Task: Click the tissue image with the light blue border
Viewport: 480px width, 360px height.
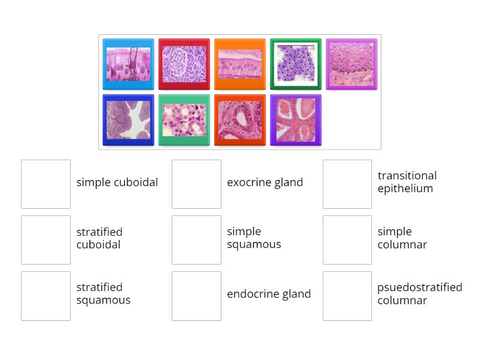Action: pos(128,64)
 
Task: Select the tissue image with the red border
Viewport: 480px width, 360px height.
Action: pos(184,64)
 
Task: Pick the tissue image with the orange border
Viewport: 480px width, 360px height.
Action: pos(240,64)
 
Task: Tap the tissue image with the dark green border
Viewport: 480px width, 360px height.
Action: pos(296,64)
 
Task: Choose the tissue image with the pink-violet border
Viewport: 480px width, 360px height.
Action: pos(352,64)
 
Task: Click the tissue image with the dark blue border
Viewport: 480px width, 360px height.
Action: pos(128,120)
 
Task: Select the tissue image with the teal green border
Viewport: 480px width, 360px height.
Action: pos(184,120)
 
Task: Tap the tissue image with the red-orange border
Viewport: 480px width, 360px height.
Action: pos(240,120)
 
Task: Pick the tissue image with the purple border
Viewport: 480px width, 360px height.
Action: pos(296,120)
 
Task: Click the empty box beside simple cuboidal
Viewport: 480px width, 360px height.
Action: pos(46,184)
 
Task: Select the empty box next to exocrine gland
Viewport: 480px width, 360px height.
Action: pos(196,184)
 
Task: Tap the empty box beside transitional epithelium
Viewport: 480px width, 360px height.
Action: pos(347,184)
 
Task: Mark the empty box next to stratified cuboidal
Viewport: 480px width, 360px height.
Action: pos(46,240)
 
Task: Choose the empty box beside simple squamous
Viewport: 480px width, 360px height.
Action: pos(196,240)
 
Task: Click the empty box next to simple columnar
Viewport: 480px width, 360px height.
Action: pos(347,240)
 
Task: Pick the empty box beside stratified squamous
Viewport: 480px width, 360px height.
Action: pos(46,296)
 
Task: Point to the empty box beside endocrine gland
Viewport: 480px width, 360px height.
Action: pos(196,296)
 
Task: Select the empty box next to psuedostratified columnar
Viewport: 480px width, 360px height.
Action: pos(347,296)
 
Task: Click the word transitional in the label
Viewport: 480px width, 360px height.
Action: pos(407,176)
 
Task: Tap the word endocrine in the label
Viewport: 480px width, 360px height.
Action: pos(247,294)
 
